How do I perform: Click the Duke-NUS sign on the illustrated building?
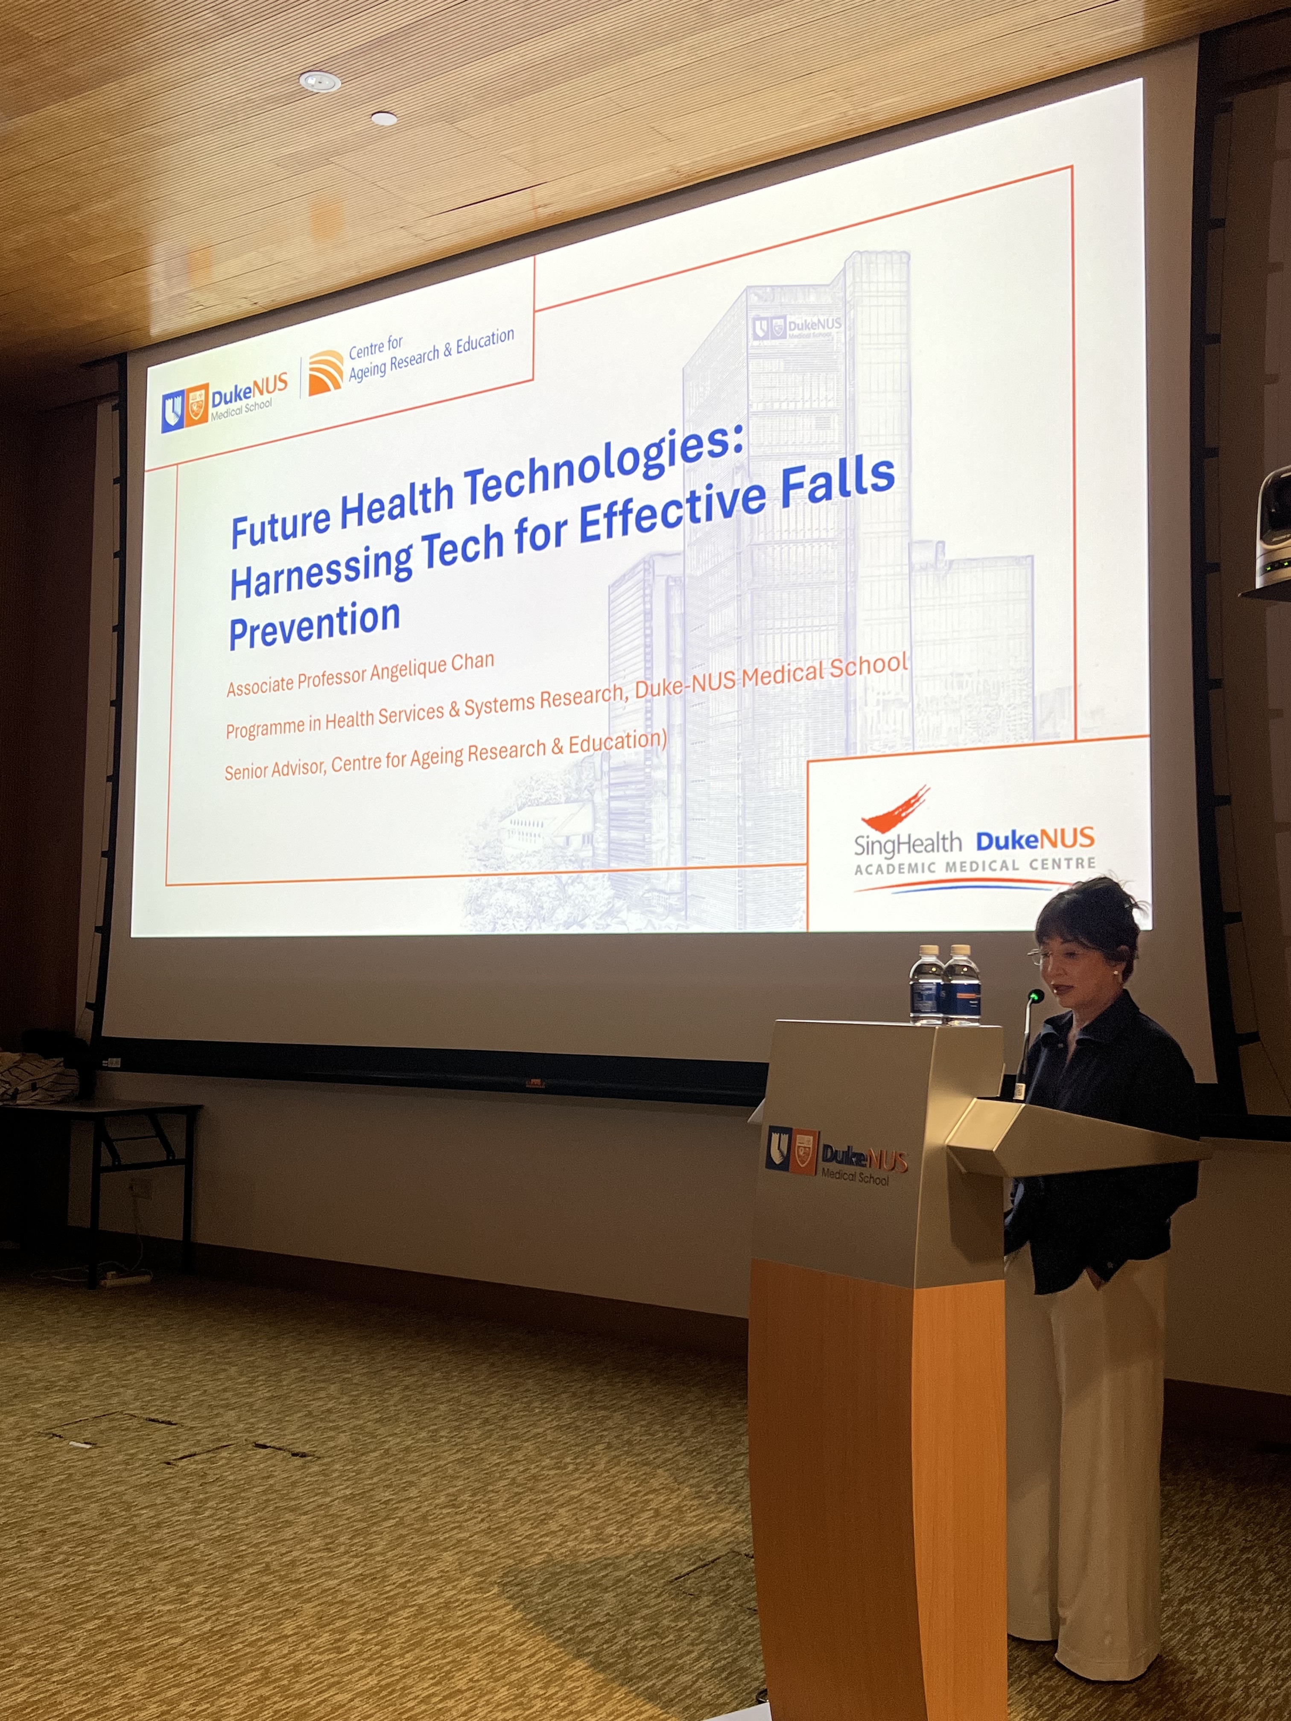797,327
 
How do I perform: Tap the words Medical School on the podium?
854,1176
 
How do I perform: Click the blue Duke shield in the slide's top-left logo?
173,411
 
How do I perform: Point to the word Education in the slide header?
485,341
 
